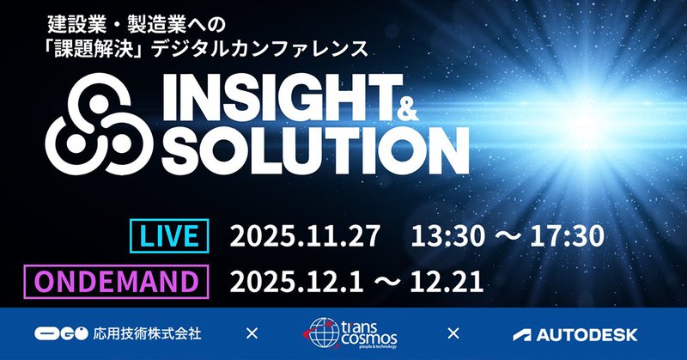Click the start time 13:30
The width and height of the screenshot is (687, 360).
[x=446, y=235]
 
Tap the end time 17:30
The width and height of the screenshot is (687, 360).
[x=571, y=235]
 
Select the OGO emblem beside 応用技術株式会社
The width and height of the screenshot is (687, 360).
[x=60, y=333]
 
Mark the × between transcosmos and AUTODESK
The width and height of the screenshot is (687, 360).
[x=454, y=333]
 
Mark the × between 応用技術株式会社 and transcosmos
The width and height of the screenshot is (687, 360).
[x=252, y=333]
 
